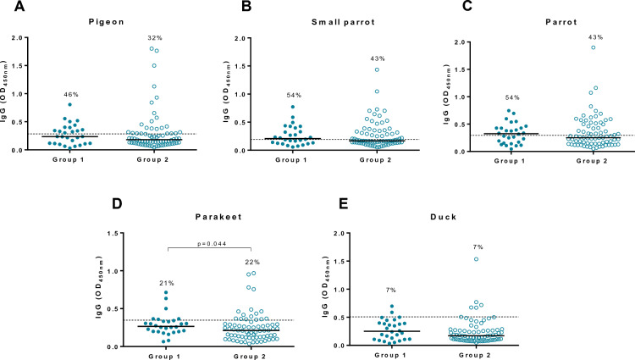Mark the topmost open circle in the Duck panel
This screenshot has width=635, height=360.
pos(477,259)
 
